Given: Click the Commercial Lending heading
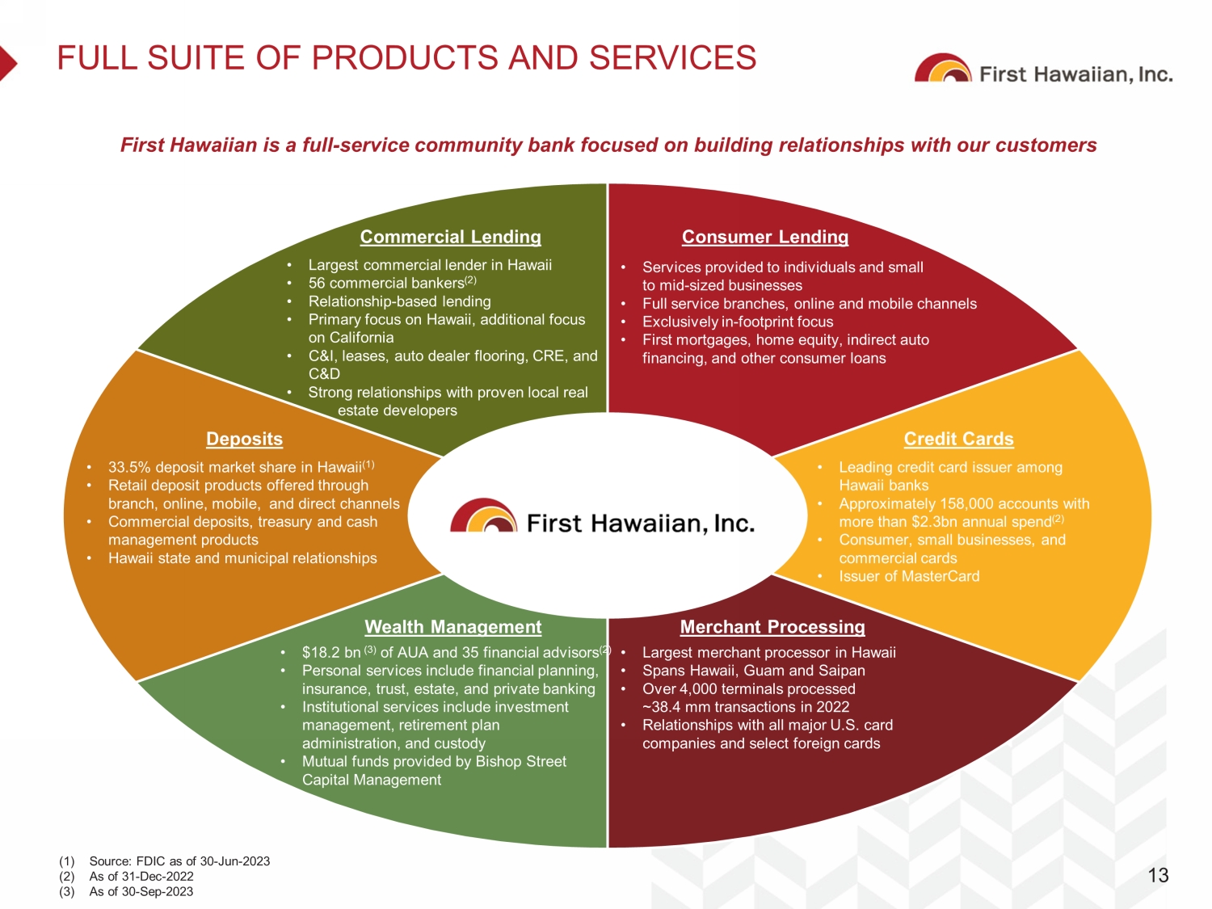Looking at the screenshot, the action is pyautogui.click(x=451, y=237).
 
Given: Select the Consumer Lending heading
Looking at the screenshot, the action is pyautogui.click(x=764, y=237).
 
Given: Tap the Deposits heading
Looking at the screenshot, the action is pyautogui.click(x=244, y=439).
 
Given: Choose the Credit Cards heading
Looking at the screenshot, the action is pyautogui.click(x=958, y=439).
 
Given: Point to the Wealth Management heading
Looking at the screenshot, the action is pyautogui.click(x=452, y=627).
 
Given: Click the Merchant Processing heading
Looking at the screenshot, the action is pyautogui.click(x=772, y=627).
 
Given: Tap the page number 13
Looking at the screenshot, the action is pyautogui.click(x=1158, y=875).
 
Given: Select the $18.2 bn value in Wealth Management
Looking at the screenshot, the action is pyautogui.click(x=331, y=652).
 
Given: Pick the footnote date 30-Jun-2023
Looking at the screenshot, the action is pyautogui.click(x=234, y=861).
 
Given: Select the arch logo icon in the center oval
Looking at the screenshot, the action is pyautogui.click(x=484, y=516).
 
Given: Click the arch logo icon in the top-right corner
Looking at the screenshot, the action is pyautogui.click(x=943, y=68).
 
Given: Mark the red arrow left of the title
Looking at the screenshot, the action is pyautogui.click(x=8, y=64).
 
